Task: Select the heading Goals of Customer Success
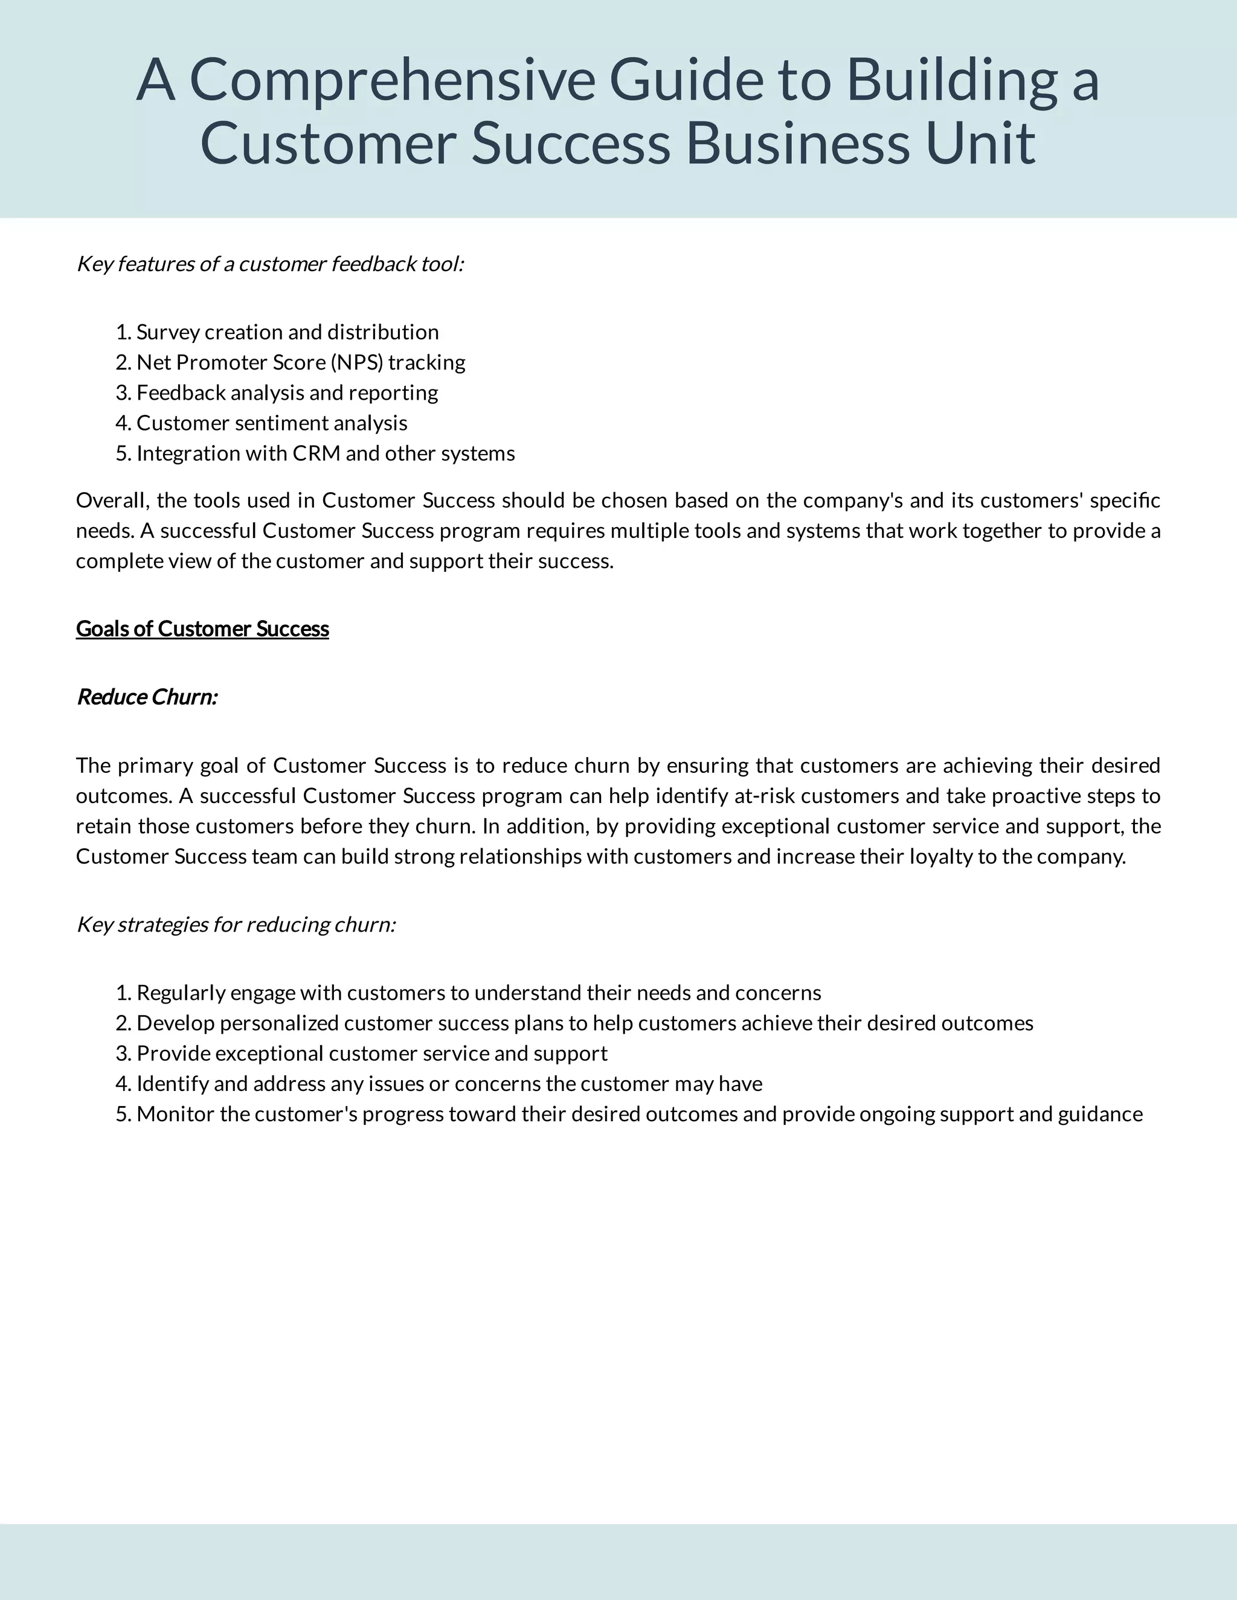tap(202, 629)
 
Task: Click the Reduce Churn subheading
tap(147, 697)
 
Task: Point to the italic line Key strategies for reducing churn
tap(236, 924)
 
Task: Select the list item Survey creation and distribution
tap(288, 333)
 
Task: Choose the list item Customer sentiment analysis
tap(272, 423)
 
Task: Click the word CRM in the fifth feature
tap(316, 453)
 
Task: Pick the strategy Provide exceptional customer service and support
tap(371, 1054)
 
